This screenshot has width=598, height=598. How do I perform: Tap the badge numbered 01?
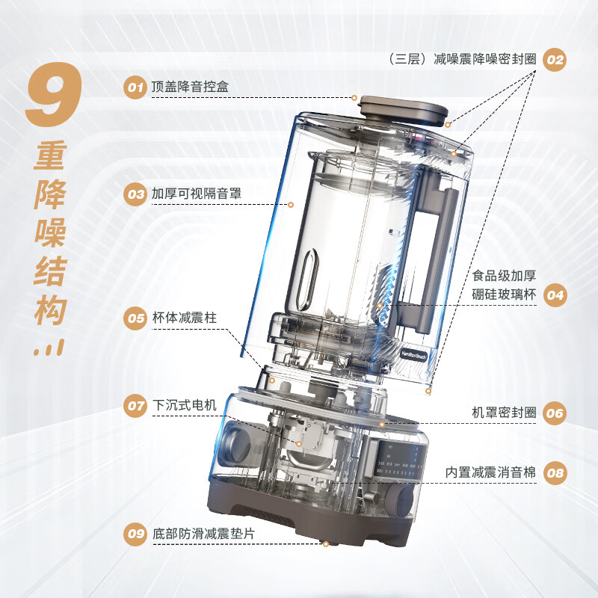click(135, 87)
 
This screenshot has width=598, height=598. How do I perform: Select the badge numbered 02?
click(554, 60)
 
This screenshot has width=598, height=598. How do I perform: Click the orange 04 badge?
click(554, 295)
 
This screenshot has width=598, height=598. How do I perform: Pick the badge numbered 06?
click(554, 413)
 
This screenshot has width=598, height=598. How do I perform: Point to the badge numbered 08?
click(554, 472)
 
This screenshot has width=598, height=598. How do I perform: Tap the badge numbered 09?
click(135, 533)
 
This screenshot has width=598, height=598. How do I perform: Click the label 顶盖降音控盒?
click(190, 87)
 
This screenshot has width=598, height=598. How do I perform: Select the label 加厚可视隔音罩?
click(196, 194)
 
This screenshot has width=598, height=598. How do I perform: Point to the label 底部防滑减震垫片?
click(202, 533)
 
